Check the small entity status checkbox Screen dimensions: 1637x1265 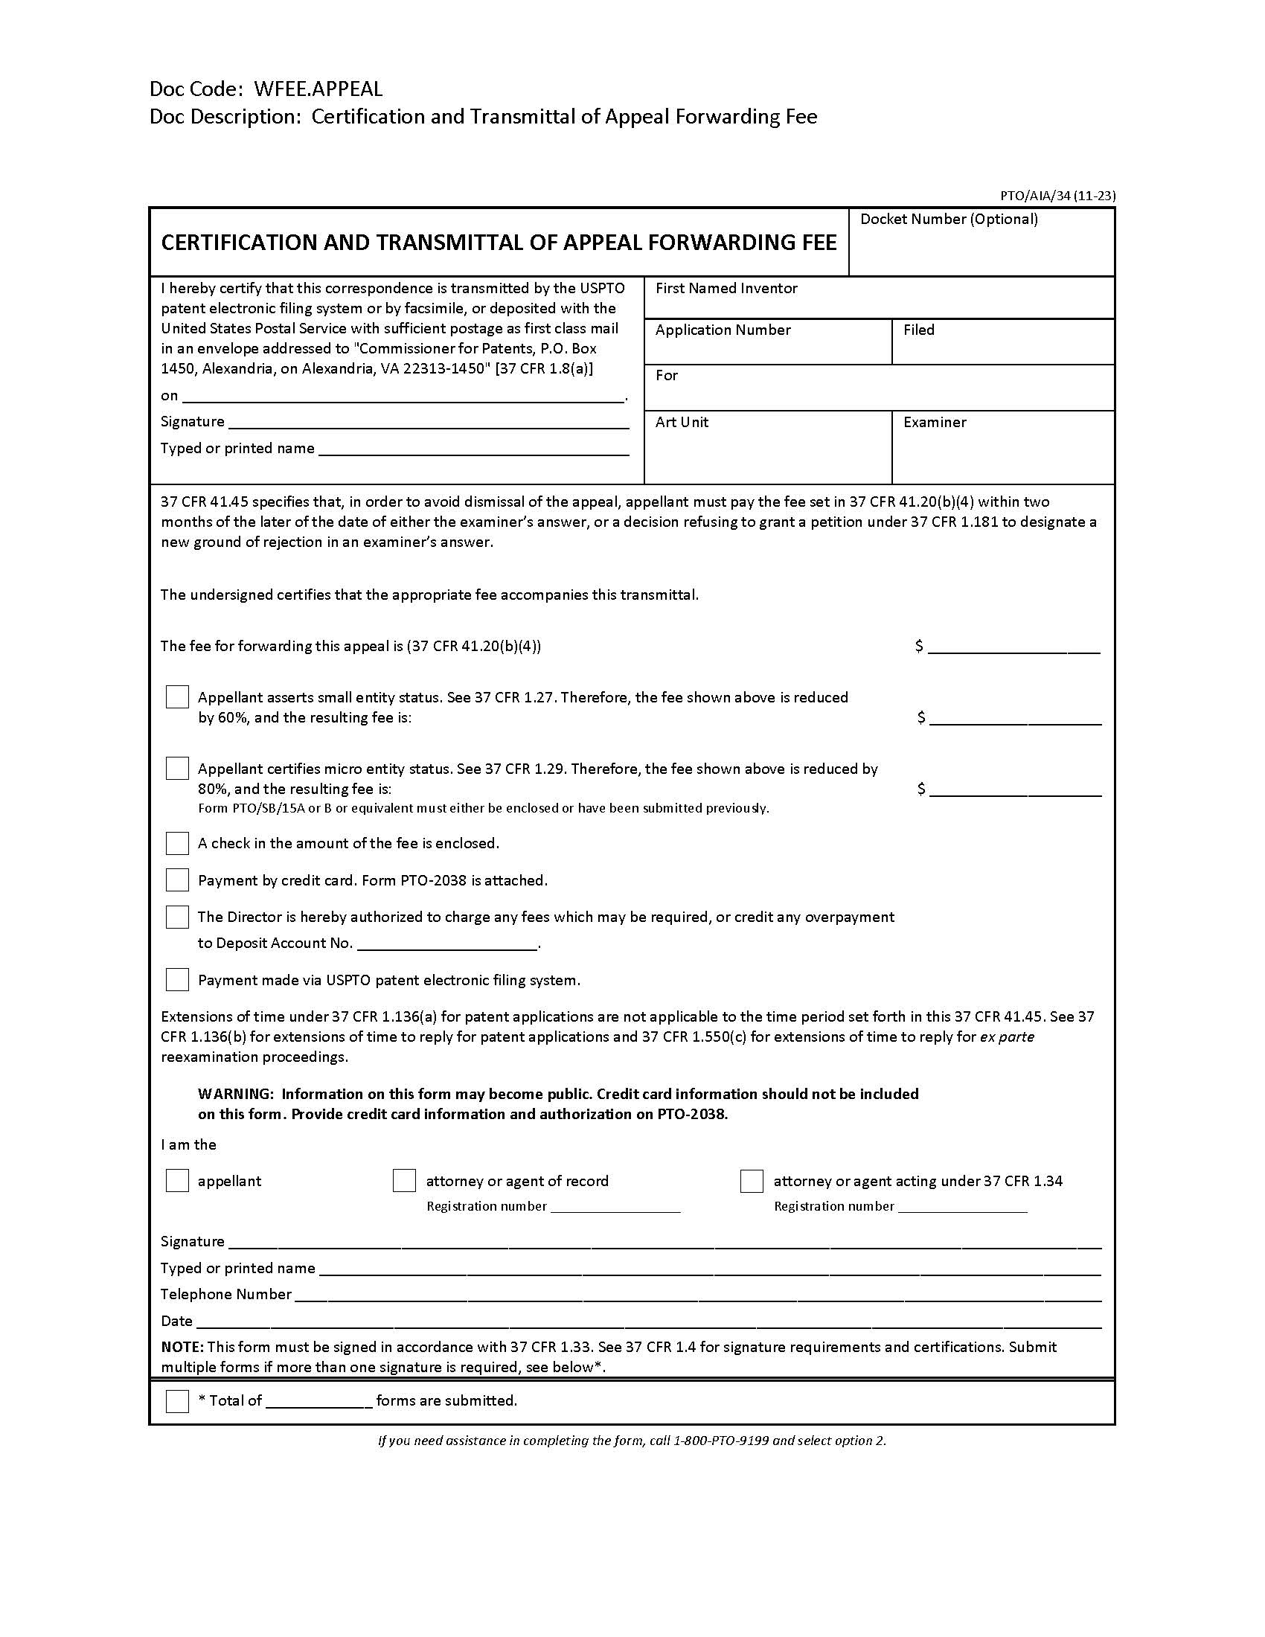[177, 697]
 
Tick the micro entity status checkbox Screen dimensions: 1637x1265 [177, 769]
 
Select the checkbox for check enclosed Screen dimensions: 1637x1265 [177, 843]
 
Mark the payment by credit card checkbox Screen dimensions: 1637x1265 [177, 880]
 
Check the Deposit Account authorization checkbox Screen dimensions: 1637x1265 [177, 917]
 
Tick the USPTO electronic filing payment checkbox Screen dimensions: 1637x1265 [177, 980]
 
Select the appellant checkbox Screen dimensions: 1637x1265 [177, 1182]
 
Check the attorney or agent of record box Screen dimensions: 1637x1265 [404, 1182]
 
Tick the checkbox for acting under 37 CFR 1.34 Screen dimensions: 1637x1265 [752, 1182]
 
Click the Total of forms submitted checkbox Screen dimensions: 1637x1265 [177, 1401]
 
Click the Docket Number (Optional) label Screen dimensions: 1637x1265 [949, 220]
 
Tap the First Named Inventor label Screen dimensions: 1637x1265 [726, 289]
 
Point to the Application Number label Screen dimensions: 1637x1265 [723, 330]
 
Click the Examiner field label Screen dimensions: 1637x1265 [935, 423]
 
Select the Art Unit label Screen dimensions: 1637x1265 [682, 423]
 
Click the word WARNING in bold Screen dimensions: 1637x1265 [235, 1095]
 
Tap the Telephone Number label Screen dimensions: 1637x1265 [225, 1295]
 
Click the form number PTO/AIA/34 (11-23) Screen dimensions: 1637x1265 [1057, 196]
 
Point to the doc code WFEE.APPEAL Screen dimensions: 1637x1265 [318, 89]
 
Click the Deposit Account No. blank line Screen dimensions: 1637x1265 [447, 944]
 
